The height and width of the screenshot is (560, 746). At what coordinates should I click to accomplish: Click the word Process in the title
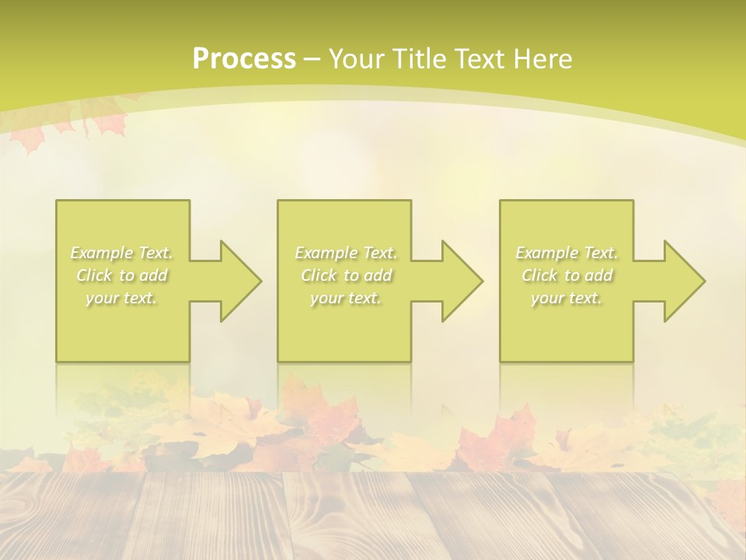point(244,59)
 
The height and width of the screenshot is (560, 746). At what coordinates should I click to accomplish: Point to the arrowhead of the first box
point(240,281)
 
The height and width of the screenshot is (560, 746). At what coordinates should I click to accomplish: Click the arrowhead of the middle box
point(462,281)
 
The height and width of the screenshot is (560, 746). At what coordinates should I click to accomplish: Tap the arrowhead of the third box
point(684,281)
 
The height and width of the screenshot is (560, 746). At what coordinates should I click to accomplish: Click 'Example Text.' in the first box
point(122,253)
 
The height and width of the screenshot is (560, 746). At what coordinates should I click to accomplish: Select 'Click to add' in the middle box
point(346,275)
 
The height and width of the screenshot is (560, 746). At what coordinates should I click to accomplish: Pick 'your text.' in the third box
point(566,298)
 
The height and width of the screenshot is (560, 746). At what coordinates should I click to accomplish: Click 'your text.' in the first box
point(122,298)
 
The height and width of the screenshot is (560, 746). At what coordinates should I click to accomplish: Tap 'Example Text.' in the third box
point(566,253)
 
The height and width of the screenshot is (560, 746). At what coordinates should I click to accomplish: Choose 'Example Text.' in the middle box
point(346,253)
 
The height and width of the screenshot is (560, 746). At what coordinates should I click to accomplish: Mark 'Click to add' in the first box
point(122,275)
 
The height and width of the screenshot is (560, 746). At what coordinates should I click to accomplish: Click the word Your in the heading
point(357,59)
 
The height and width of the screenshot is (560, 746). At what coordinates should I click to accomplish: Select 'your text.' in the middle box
point(346,298)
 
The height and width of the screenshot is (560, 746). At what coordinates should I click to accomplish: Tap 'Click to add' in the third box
point(566,275)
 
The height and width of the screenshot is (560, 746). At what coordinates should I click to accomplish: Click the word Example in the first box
point(101,253)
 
